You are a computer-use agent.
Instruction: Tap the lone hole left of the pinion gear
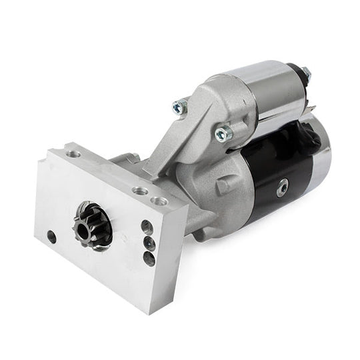[x=51, y=235]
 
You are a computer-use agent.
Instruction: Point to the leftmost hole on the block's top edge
[x=73, y=154]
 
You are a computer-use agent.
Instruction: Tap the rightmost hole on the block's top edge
[x=159, y=200]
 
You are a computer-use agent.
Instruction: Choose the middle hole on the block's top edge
[x=140, y=191]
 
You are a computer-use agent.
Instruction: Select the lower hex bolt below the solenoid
[x=223, y=133]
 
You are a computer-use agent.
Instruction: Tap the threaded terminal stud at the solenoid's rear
[x=305, y=73]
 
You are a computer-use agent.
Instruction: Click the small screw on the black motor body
[x=282, y=189]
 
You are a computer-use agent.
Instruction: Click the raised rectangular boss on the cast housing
[x=223, y=183]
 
